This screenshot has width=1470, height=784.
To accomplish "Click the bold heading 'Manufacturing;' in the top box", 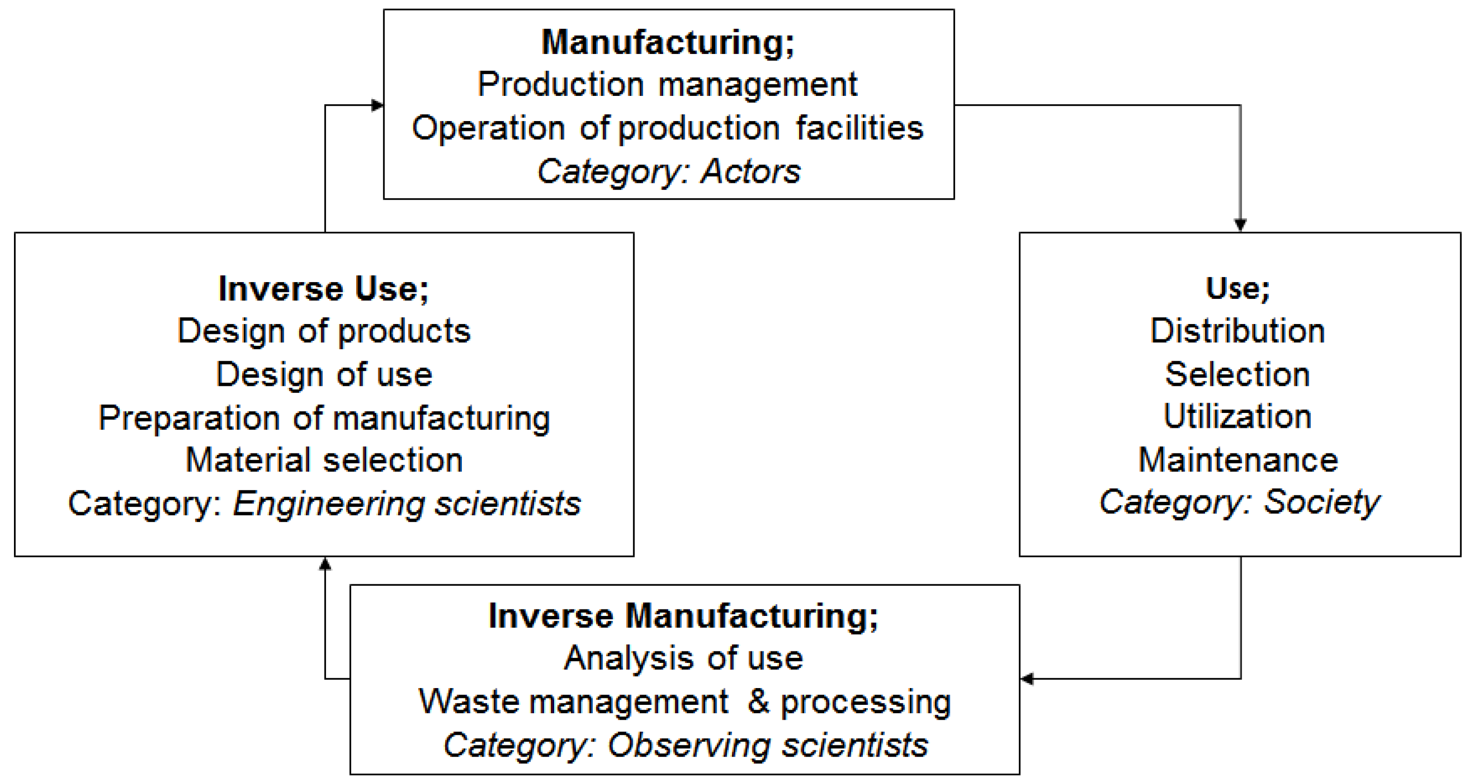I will pos(668,42).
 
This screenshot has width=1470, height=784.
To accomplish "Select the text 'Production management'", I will pos(667,84).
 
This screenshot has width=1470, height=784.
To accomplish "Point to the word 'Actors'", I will pos(751,171).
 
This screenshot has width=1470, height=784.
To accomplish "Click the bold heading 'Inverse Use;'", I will pos(324,289).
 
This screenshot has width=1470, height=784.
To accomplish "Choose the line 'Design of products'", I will pos(324,331).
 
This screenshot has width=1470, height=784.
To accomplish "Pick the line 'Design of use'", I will pos(324,375).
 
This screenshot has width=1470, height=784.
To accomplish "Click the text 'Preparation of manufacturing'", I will pos(324,418).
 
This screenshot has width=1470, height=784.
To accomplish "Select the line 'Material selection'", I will pos(324,460).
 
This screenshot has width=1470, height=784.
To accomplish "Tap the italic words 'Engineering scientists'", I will pos(406,504).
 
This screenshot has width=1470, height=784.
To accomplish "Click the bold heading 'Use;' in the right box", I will pos(1238,288).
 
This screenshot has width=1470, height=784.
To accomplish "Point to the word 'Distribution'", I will pos(1238,331).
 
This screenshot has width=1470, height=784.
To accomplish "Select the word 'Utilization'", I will pos(1238,417).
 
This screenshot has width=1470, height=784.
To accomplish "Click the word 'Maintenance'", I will pos(1238,460).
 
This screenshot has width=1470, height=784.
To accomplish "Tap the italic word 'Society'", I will pos(1321,503).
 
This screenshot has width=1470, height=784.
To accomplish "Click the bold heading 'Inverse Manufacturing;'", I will pos(683,616).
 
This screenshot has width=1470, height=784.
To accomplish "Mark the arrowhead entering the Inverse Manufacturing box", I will pos(1028,678).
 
